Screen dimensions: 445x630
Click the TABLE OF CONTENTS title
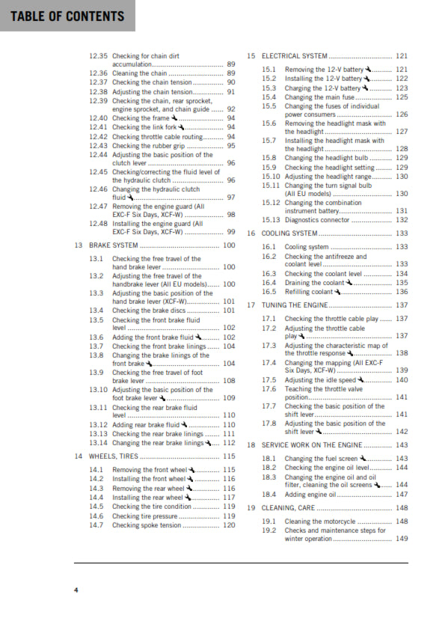click(67, 16)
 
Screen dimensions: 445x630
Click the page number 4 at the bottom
click(76, 590)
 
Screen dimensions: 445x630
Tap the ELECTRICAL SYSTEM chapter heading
click(294, 56)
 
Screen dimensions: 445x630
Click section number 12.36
click(98, 73)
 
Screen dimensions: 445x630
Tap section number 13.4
click(96, 310)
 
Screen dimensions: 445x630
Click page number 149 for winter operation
click(402, 539)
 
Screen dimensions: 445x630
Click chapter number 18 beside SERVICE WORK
click(251, 444)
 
